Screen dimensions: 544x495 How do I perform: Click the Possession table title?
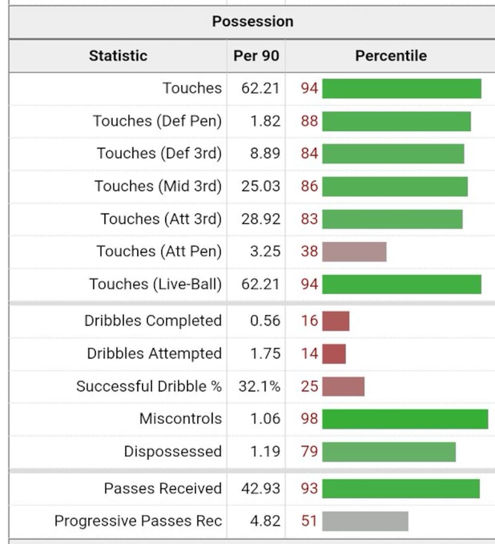[252, 22]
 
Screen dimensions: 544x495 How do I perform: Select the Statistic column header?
[118, 56]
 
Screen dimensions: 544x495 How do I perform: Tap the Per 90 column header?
[256, 56]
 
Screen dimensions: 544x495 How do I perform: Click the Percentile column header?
[391, 56]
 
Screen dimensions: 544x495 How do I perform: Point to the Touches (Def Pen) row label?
[157, 121]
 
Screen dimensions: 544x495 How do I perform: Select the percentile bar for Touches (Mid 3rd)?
[395, 186]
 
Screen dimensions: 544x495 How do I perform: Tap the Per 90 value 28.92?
[261, 219]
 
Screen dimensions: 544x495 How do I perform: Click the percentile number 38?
[309, 252]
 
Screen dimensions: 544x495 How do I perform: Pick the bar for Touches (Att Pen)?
[354, 252]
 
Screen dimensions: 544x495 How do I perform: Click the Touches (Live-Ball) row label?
[155, 284]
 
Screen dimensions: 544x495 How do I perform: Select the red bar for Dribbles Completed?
[335, 321]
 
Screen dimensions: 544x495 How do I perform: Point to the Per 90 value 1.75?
[265, 354]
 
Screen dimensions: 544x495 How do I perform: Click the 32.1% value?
[259, 387]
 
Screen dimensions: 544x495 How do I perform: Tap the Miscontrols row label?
[180, 419]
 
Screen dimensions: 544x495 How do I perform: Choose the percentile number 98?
[309, 419]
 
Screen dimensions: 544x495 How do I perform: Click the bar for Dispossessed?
[389, 452]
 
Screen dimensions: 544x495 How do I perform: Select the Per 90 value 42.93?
[261, 488]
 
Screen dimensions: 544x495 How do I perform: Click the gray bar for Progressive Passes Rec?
[365, 521]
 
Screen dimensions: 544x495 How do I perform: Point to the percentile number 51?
[309, 521]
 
